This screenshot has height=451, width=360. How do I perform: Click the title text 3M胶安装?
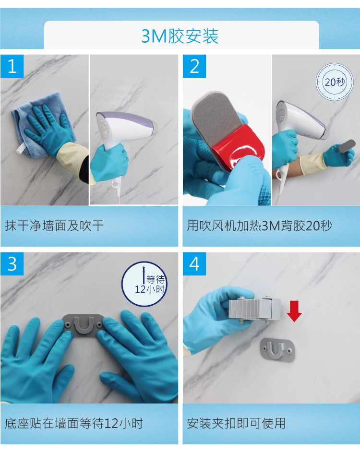point(180,36)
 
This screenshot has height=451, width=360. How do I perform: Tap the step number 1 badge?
point(12,66)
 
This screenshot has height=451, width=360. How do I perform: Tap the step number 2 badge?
point(194,66)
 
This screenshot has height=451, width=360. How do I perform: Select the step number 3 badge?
point(12,264)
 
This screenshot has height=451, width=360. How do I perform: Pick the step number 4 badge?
point(194,264)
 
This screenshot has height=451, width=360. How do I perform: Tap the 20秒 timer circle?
point(335,82)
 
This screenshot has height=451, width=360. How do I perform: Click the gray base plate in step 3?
point(84,326)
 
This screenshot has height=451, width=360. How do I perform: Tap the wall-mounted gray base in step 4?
point(277,349)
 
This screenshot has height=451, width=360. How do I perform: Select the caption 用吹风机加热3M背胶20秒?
point(259,226)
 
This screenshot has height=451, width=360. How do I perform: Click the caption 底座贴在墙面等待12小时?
point(74,423)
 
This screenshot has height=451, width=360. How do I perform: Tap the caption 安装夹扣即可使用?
point(237,423)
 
